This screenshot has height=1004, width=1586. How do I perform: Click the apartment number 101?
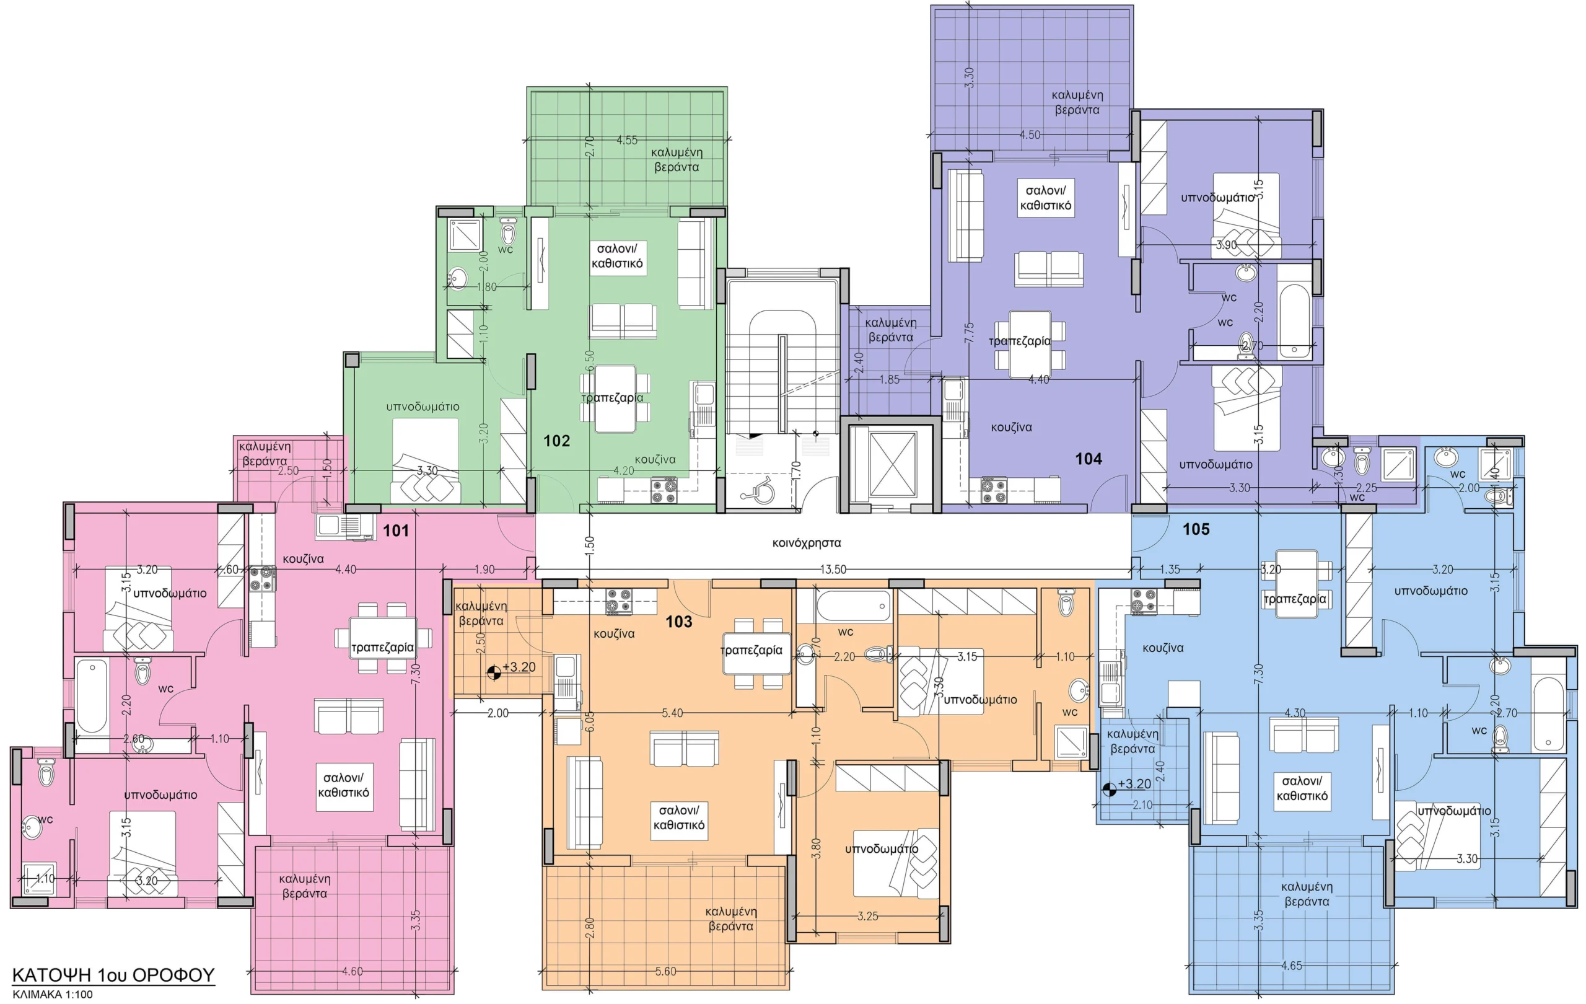[396, 531]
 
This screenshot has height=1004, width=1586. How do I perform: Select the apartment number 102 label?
[556, 441]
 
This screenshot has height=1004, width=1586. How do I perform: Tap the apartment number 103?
[678, 621]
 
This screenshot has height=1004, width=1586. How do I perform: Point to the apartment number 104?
[1089, 459]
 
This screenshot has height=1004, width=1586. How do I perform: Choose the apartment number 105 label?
[1196, 529]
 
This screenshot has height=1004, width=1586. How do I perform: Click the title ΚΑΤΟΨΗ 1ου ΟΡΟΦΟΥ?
[113, 975]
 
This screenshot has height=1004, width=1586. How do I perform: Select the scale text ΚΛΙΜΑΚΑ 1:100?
[53, 995]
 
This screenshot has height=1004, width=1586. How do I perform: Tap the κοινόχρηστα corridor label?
[806, 543]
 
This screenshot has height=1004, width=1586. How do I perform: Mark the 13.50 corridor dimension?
[833, 569]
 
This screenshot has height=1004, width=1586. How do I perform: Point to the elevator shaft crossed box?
[893, 465]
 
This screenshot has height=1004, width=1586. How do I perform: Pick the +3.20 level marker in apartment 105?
[1127, 785]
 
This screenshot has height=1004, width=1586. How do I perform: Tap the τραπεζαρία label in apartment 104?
[1020, 341]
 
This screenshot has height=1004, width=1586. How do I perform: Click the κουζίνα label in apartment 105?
[1163, 648]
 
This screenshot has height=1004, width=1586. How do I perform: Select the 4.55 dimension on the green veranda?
[627, 140]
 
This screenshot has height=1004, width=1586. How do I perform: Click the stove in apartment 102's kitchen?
[664, 490]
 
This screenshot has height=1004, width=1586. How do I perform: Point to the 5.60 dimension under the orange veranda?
[666, 971]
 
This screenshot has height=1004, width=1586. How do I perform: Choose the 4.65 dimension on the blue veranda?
[1292, 966]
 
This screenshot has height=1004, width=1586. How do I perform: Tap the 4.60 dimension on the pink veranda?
[353, 971]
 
